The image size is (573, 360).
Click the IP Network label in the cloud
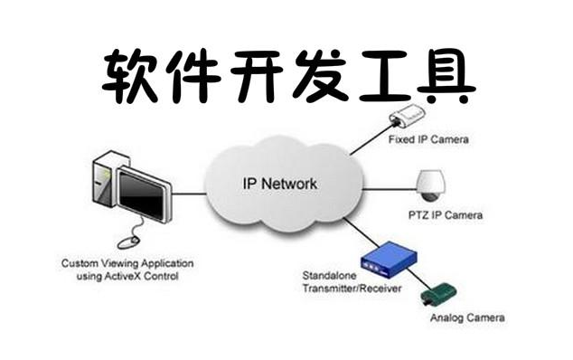[280, 184]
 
